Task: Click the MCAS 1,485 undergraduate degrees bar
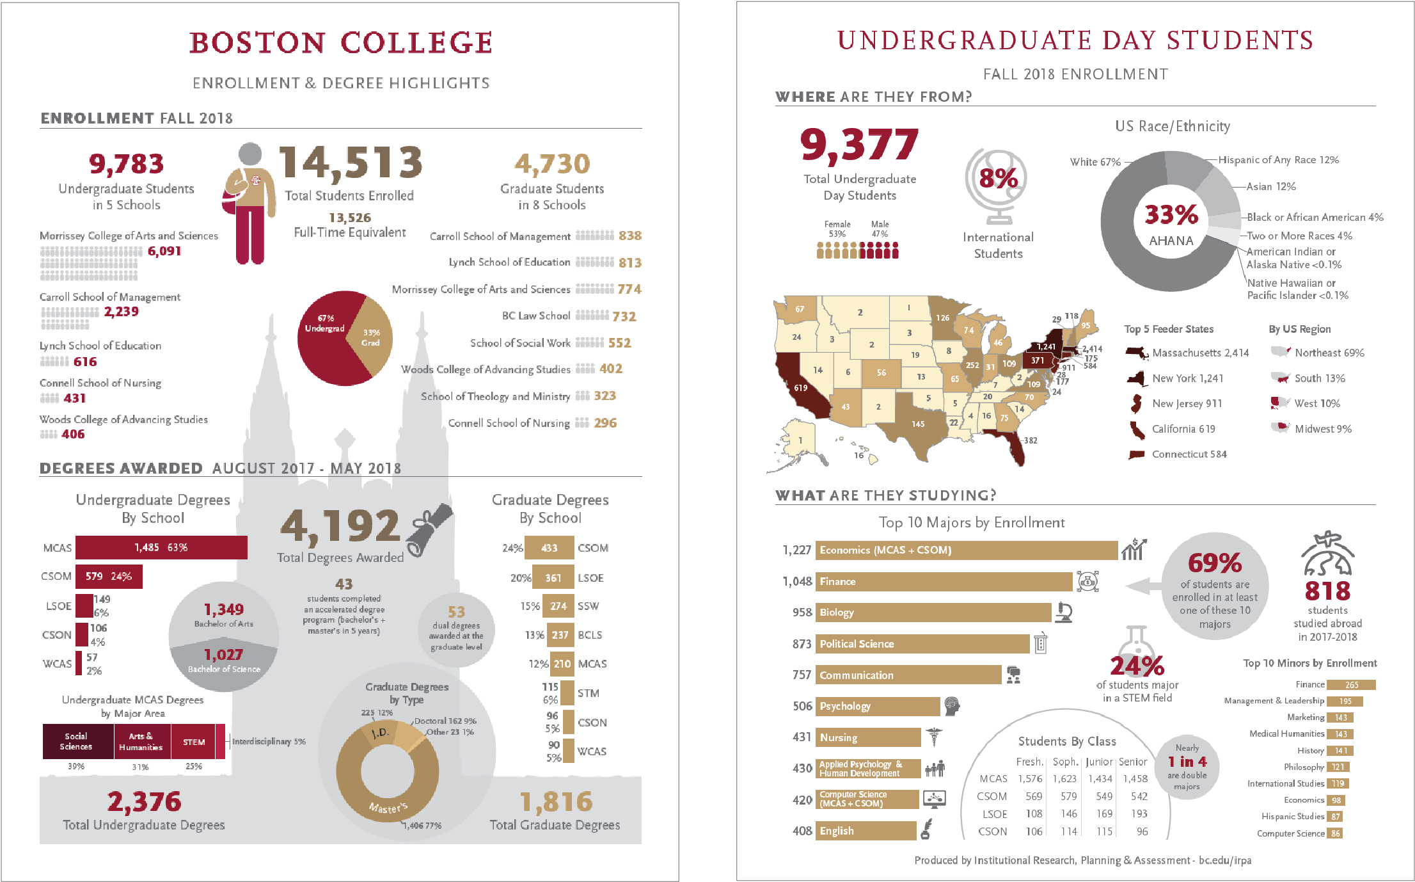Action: point(161,548)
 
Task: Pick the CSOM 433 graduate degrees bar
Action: point(549,548)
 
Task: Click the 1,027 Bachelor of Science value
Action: point(223,655)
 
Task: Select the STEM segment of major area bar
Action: point(194,742)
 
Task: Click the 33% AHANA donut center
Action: point(1171,223)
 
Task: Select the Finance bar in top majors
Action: point(944,582)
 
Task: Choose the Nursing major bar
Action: point(867,737)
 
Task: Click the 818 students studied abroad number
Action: point(1327,591)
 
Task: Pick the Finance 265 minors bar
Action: point(1350,685)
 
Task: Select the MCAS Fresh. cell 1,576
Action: point(1030,779)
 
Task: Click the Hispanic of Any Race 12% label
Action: point(1277,160)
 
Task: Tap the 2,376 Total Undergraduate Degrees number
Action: point(144,802)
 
